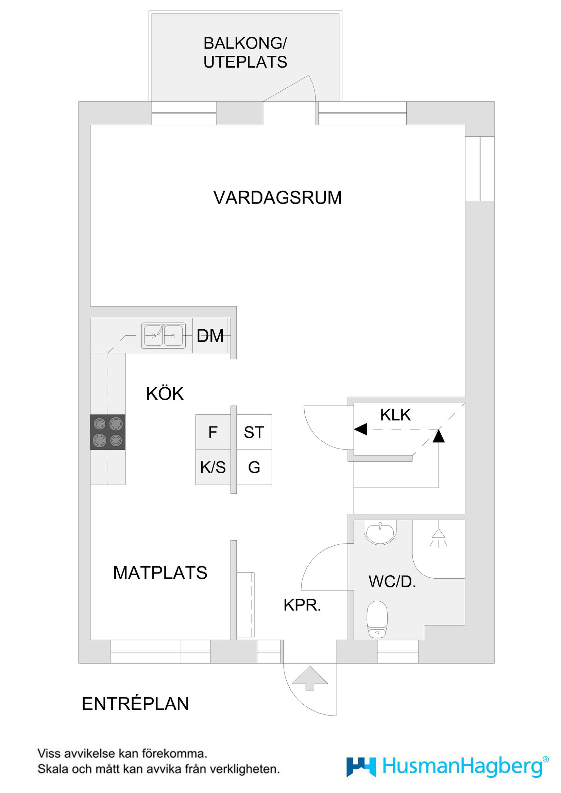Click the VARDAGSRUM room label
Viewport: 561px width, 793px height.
tap(277, 198)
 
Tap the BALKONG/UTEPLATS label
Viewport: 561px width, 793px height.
tap(245, 53)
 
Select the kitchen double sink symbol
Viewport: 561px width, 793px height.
tap(163, 335)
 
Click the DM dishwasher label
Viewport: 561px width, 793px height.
tap(210, 336)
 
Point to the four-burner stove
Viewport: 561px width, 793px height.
tap(107, 432)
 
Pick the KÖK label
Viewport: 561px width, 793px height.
tap(165, 394)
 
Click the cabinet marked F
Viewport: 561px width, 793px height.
tap(213, 432)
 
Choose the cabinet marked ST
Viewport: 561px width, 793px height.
tap(254, 432)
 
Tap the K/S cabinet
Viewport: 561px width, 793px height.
tap(213, 467)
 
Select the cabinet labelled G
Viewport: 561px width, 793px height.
tap(254, 467)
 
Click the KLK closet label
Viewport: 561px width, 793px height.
tap(395, 415)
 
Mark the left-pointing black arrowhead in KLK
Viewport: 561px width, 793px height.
tap(360, 429)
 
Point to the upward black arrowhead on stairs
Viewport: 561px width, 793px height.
tap(439, 436)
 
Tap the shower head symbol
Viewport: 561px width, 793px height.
tap(439, 538)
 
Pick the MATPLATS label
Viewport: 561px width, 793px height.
tap(160, 572)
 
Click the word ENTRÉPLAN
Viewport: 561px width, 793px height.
tap(135, 704)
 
